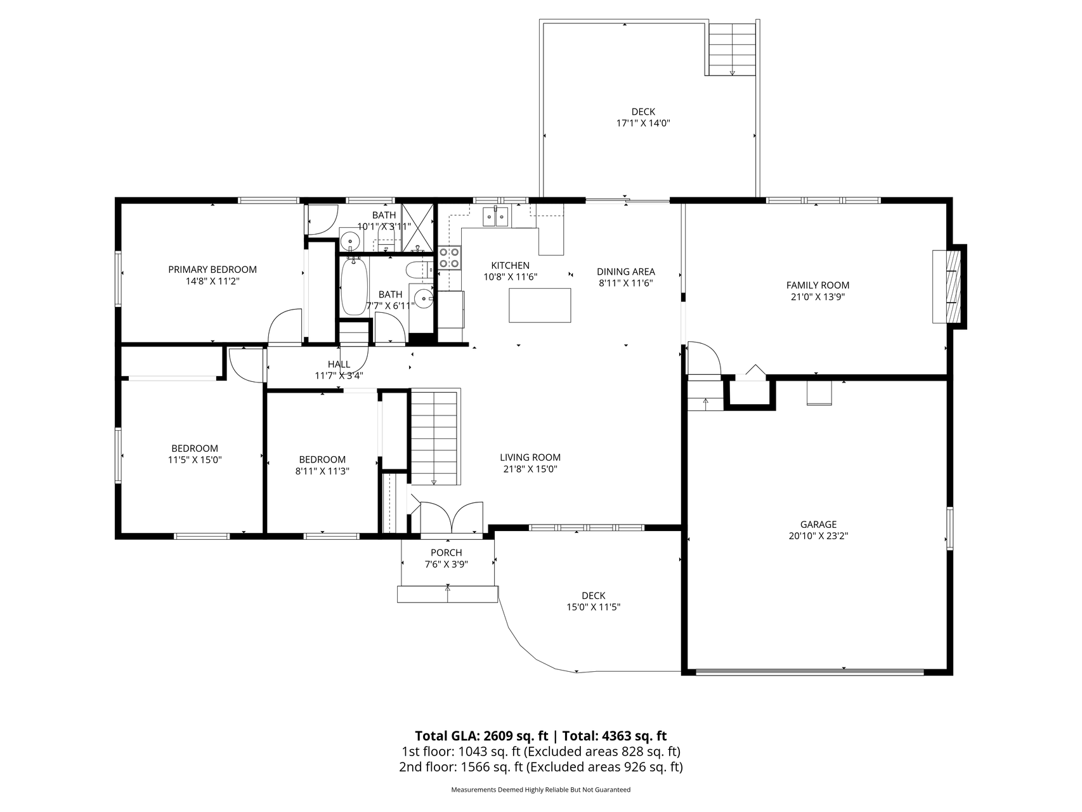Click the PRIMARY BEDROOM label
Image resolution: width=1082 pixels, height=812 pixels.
click(212, 270)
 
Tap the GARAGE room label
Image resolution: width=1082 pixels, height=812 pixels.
click(818, 525)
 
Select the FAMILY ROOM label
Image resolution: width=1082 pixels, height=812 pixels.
click(818, 285)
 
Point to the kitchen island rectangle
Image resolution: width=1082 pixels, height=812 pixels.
click(540, 305)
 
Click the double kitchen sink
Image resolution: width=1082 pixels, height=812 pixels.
click(496, 216)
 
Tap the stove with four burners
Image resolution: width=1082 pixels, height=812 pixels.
click(450, 258)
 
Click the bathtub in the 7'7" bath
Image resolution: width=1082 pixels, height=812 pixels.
click(352, 286)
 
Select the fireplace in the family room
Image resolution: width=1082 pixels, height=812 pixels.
click(949, 287)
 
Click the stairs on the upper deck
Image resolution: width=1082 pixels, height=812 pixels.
click(732, 48)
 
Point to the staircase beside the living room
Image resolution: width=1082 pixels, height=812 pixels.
click(434, 438)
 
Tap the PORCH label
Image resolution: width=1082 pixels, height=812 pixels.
click(446, 553)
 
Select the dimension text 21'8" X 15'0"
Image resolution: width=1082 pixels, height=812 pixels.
click(530, 469)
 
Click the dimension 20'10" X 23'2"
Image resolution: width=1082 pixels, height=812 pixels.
click(818, 536)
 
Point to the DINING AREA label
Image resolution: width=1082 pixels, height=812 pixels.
click(626, 272)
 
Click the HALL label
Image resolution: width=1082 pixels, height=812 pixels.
click(339, 364)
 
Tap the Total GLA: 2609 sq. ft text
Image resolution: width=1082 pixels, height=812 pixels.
click(481, 736)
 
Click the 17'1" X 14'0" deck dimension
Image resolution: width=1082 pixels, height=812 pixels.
click(643, 123)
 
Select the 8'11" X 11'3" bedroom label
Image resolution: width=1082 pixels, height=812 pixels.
click(322, 471)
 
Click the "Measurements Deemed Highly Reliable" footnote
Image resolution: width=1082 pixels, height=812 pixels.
click(541, 790)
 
